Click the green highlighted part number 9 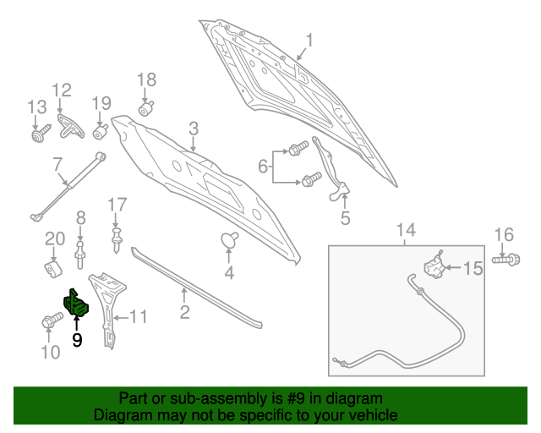76,303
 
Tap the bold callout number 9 77,340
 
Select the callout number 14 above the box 406,230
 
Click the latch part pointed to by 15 434,265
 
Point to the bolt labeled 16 505,260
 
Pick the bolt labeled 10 52,320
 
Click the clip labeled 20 53,269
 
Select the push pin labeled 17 117,239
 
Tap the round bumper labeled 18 146,108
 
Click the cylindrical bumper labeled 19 101,132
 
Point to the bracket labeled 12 70,126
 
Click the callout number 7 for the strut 57,165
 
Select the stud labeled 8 80,255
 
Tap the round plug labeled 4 229,240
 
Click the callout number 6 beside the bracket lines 263,167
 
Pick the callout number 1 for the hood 309,41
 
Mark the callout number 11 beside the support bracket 138,316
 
